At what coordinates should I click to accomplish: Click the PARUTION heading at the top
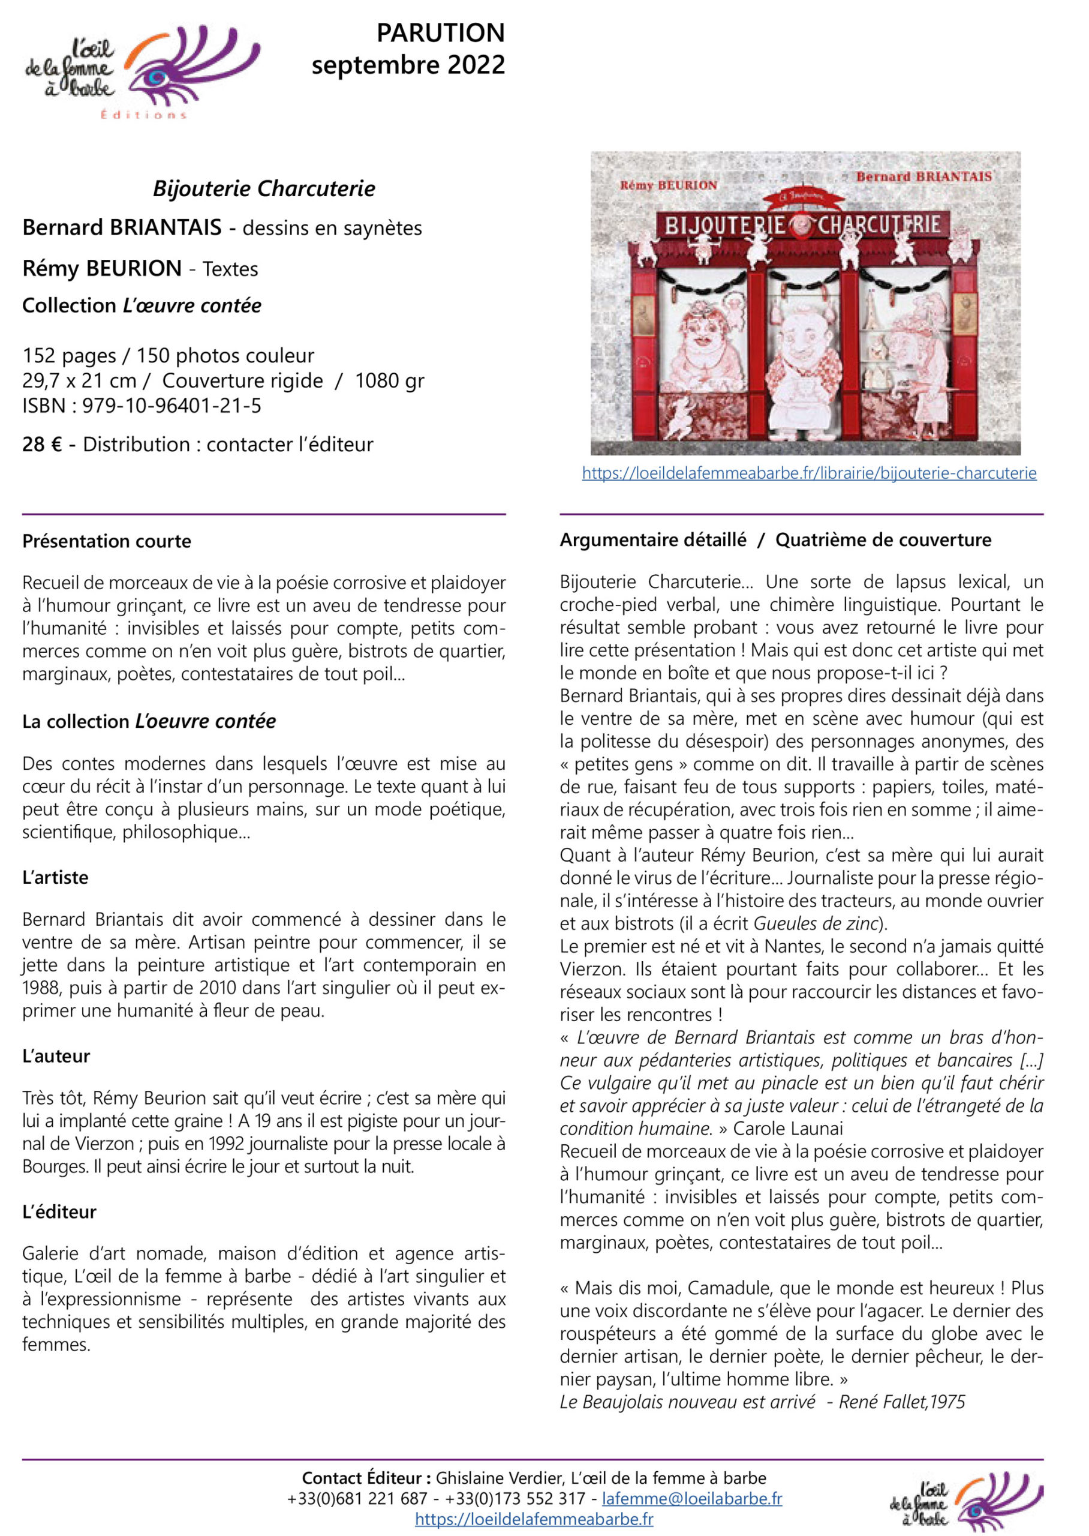[x=440, y=33]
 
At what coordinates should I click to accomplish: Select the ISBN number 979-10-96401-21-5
[x=172, y=406]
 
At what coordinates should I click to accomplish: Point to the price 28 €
[x=41, y=444]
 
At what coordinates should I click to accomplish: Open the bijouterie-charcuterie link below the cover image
[x=809, y=473]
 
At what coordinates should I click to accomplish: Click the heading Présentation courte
[x=107, y=541]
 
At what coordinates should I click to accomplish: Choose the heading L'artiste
[x=55, y=877]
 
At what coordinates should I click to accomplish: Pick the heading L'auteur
[x=56, y=1056]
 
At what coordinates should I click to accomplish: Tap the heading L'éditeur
[x=59, y=1211]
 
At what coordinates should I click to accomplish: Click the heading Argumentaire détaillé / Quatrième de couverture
[x=775, y=540]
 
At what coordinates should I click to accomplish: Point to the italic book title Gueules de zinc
[x=816, y=923]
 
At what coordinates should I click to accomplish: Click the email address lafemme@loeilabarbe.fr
[x=691, y=1498]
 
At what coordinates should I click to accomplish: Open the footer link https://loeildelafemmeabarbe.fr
[x=534, y=1519]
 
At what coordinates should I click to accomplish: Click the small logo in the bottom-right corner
[x=965, y=1500]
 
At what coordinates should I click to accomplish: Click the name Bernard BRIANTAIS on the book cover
[x=923, y=177]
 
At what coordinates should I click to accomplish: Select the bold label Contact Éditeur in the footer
[x=362, y=1478]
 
